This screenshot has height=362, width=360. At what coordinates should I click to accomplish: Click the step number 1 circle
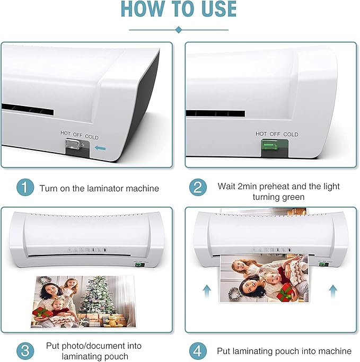24,188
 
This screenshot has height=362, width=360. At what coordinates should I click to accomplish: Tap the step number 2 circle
198,188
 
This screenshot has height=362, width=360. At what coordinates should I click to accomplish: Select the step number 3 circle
24,350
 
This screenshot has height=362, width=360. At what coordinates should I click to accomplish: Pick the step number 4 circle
198,350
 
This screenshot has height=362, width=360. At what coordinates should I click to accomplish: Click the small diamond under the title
179,29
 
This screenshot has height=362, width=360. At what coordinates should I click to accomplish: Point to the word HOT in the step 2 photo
261,135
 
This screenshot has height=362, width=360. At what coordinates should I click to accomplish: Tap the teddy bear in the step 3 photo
112,320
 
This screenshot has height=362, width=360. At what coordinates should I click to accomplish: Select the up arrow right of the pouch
333,289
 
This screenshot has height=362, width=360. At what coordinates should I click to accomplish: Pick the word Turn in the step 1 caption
48,188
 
